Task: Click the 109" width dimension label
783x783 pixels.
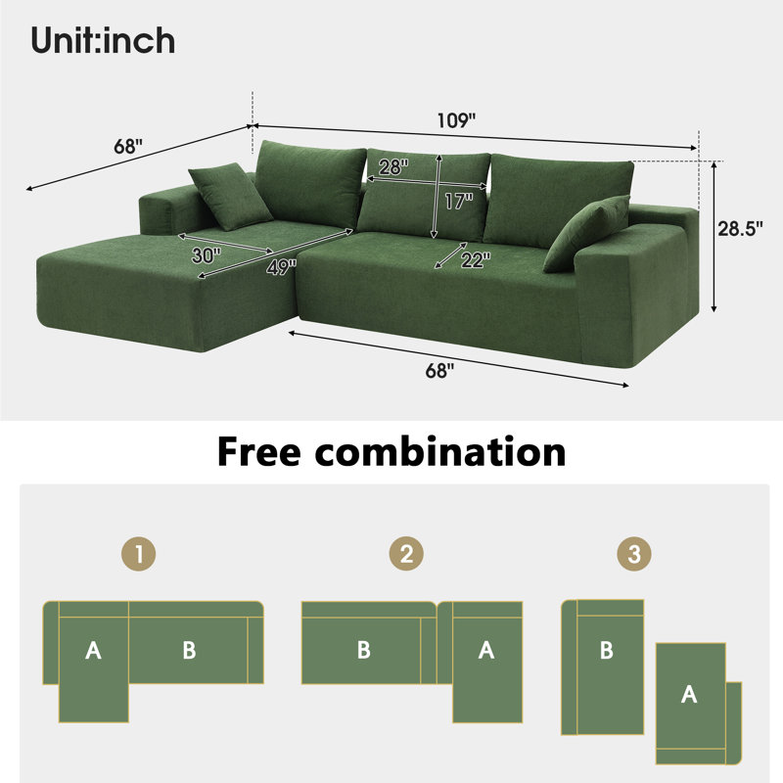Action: pyautogui.click(x=456, y=120)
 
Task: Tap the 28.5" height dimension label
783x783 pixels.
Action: pyautogui.click(x=741, y=229)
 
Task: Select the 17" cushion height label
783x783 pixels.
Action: pyautogui.click(x=458, y=202)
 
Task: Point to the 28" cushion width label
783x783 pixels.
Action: pyautogui.click(x=393, y=166)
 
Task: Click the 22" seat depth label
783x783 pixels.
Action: pyautogui.click(x=476, y=259)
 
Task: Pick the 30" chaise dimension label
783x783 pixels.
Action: pyautogui.click(x=207, y=255)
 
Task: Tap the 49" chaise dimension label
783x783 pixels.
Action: pyautogui.click(x=281, y=267)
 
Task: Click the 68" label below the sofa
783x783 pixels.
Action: pyautogui.click(x=439, y=371)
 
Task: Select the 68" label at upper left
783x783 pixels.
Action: pyautogui.click(x=128, y=146)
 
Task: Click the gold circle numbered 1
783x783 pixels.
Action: pyautogui.click(x=139, y=554)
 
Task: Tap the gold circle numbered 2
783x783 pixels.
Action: pyautogui.click(x=406, y=554)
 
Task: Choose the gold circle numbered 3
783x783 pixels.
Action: pyautogui.click(x=634, y=554)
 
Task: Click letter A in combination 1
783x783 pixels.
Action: pyautogui.click(x=93, y=650)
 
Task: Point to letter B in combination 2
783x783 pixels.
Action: pyautogui.click(x=364, y=650)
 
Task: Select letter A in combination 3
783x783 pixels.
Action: pyautogui.click(x=689, y=694)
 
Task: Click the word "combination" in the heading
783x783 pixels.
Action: pyautogui.click(x=440, y=451)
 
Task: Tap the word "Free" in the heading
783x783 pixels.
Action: pyautogui.click(x=258, y=451)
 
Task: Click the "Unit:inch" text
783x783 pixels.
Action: pyautogui.click(x=103, y=40)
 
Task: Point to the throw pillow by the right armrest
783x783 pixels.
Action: pyautogui.click(x=587, y=233)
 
